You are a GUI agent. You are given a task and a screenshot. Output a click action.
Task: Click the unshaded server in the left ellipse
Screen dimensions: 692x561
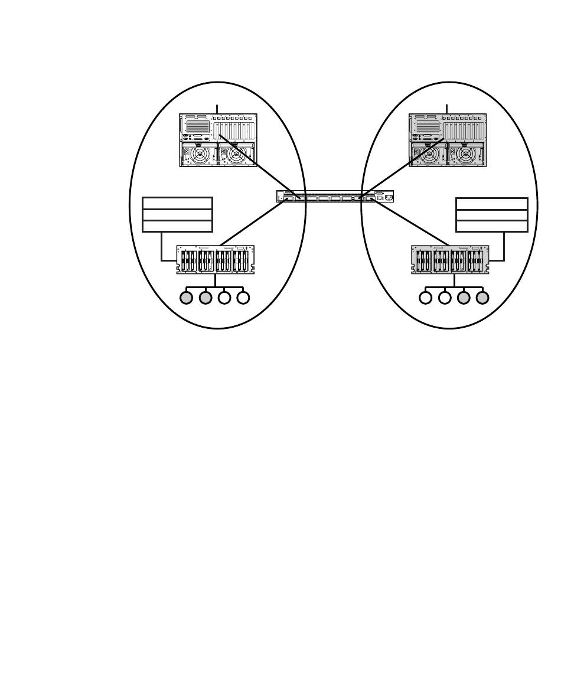click(218, 140)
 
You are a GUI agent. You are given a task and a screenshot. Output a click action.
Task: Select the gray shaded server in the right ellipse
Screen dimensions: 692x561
click(448, 140)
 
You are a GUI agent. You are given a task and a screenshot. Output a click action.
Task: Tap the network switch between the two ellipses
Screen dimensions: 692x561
click(335, 197)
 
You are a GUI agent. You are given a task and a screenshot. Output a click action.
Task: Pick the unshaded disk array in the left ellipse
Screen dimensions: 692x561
click(215, 260)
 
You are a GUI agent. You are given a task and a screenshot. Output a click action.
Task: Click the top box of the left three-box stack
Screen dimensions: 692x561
click(177, 203)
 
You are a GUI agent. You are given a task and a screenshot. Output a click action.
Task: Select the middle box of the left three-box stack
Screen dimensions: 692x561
click(177, 214)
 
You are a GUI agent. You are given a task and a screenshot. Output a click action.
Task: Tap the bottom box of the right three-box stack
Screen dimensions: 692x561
click(492, 226)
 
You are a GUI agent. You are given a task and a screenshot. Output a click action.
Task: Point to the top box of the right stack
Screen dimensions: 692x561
click(492, 203)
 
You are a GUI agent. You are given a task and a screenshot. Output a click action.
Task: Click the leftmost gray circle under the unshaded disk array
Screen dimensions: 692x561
click(187, 298)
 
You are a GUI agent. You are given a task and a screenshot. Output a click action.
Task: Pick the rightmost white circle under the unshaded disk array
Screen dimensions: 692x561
click(243, 298)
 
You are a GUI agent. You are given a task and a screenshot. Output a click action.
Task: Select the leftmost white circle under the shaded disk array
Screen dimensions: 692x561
click(426, 298)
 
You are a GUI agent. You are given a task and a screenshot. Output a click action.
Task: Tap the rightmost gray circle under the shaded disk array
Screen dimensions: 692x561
click(482, 298)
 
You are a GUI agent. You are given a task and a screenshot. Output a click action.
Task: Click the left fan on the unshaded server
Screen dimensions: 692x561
click(200, 155)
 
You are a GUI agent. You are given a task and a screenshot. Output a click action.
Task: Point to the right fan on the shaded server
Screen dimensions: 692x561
click(465, 155)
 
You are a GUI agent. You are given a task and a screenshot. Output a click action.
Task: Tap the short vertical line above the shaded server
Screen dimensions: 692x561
click(447, 109)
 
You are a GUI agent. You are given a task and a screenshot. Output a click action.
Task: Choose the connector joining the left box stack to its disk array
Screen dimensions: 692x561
click(162, 248)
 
